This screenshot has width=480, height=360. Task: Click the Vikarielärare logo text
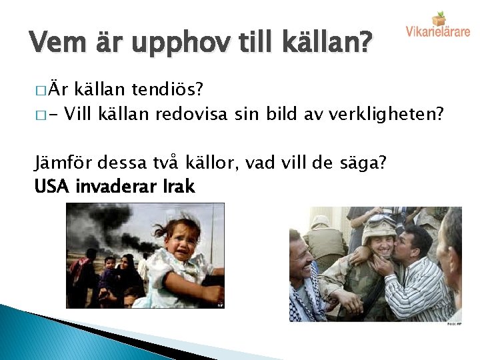coord(437,31)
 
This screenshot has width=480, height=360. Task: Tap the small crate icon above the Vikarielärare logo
coord(439,18)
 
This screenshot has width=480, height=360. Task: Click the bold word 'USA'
coord(52,187)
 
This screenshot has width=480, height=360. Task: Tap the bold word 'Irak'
coord(179,187)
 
